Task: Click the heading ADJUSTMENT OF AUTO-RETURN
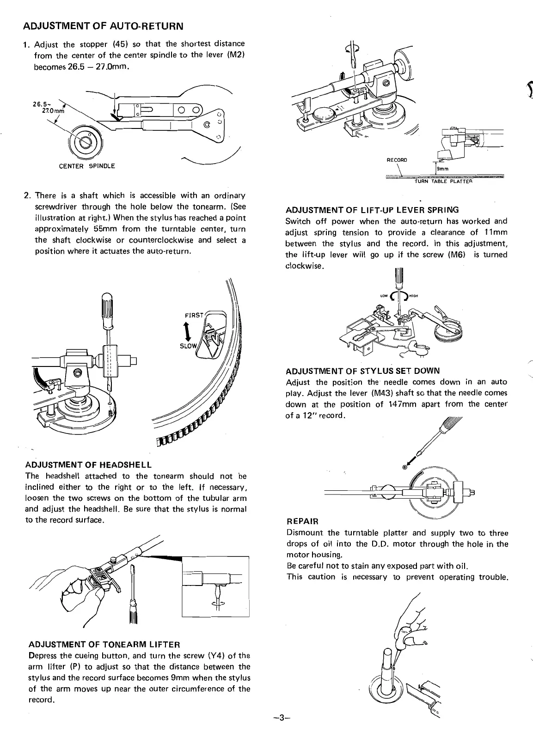point(103,25)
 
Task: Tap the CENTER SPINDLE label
point(87,166)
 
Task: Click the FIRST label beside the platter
point(194,315)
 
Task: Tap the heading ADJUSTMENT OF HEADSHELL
point(88,464)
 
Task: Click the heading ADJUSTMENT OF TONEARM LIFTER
point(104,644)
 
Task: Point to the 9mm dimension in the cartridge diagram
point(443,169)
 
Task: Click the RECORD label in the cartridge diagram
point(397,160)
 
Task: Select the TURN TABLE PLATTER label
point(443,181)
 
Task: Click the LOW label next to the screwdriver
point(383,296)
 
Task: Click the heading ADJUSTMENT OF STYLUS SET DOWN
point(363,371)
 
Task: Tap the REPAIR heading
point(302,522)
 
